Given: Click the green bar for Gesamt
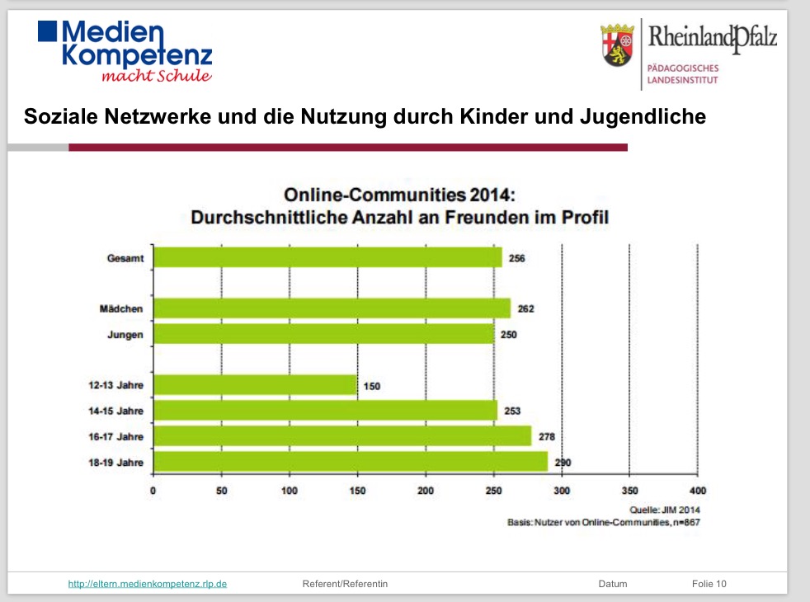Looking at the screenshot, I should pos(327,257).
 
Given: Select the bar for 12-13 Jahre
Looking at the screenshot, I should pos(256,385).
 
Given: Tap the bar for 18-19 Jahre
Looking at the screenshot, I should pos(351,462).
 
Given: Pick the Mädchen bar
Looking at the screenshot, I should pos(332,308).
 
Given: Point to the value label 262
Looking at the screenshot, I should pos(526,309).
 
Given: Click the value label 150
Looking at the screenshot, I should pos(372,386).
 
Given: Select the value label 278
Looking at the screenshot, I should pos(546,437).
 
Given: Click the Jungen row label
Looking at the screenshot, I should pos(126,335).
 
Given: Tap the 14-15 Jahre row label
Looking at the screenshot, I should pos(117,412).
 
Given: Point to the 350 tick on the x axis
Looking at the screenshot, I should pos(629,491).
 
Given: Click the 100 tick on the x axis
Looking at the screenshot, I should pos(289,491).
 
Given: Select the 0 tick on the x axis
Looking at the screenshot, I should pos(153,491).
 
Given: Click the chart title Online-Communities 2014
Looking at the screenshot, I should pos(399,195).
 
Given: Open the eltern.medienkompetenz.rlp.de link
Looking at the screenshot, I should pos(148,584).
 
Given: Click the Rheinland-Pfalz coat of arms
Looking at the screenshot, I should pos(619,45).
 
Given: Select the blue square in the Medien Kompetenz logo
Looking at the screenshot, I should pos(48,31).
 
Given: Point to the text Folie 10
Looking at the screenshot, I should pos(709,584).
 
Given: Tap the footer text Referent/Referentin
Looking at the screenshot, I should pos(345,584).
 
